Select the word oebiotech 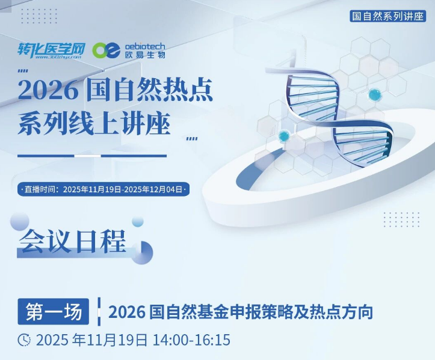144,46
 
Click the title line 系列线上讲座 94,126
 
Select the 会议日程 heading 73,242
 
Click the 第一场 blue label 54,312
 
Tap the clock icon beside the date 24,340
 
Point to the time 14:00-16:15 191,340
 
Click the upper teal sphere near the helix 375,95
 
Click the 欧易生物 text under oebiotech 144,55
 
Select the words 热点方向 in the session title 344,313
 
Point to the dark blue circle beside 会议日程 140,252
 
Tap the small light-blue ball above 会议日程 138,221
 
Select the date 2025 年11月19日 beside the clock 92,340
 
